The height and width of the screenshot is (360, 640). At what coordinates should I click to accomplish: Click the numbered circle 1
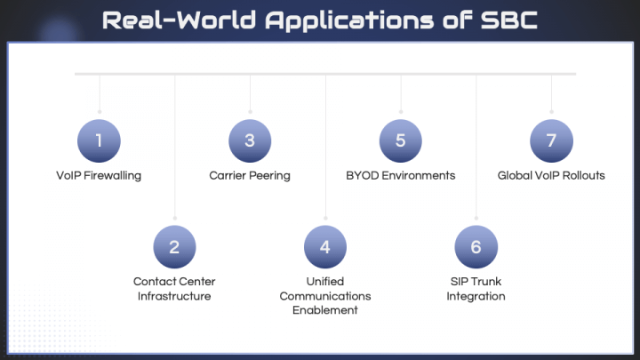click(x=99, y=140)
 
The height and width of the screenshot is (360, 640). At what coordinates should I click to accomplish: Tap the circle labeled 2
click(x=174, y=247)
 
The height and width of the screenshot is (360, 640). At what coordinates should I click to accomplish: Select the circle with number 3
click(x=250, y=140)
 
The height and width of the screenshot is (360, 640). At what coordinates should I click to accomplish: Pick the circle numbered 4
click(x=325, y=247)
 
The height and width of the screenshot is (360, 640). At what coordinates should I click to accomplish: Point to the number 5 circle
click(x=401, y=140)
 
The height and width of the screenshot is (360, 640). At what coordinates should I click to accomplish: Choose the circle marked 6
click(x=476, y=247)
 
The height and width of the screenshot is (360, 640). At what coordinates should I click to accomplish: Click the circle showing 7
click(x=551, y=140)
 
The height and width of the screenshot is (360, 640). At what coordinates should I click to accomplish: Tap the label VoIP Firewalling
click(x=99, y=175)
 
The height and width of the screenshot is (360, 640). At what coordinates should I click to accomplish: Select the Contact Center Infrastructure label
click(x=174, y=289)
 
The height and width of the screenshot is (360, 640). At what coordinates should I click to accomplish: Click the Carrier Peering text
click(x=250, y=175)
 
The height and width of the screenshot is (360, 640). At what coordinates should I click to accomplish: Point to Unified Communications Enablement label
click(x=325, y=296)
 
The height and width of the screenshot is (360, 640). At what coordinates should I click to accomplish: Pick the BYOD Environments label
click(x=401, y=175)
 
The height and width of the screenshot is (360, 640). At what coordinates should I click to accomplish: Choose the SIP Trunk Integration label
click(x=476, y=289)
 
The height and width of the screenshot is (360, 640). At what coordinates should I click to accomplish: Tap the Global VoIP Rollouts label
click(x=551, y=175)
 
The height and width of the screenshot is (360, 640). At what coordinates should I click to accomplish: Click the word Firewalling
click(x=112, y=175)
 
